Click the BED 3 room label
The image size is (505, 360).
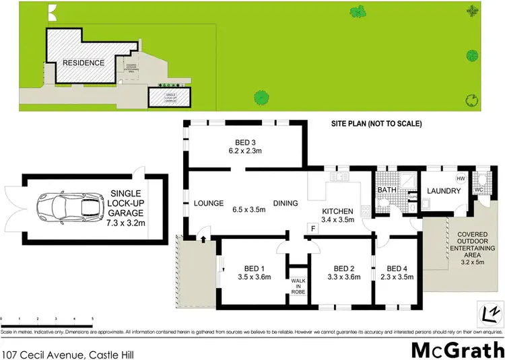(x=245, y=142)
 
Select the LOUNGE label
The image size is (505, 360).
(x=209, y=203)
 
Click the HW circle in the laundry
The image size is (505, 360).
(x=461, y=179)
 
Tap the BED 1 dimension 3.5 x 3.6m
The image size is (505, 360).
(x=255, y=276)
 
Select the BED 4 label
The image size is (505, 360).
(x=397, y=266)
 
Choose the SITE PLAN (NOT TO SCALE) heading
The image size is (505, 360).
(x=376, y=124)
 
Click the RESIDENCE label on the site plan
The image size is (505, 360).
(x=83, y=63)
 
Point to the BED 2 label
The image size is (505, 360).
(x=343, y=266)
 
